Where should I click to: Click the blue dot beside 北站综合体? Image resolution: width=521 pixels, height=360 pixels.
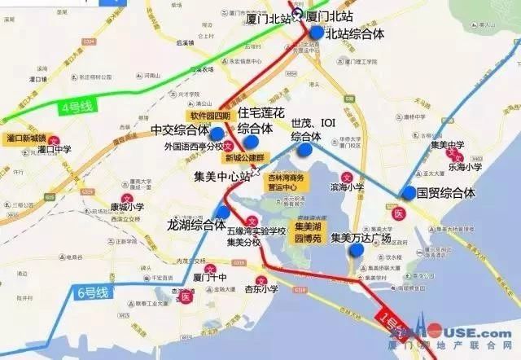coord(317,33)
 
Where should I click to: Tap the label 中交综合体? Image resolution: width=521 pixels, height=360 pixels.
coord(179,130)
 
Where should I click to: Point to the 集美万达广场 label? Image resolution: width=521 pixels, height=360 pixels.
coord(361,238)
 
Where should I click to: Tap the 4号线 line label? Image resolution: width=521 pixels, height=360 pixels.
coord(78,106)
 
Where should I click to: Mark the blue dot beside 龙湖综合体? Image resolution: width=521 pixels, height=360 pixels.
coord(223,212)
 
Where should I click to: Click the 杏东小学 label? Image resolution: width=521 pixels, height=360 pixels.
coord(261,288)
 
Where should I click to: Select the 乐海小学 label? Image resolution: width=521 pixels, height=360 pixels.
coord(464,165)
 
